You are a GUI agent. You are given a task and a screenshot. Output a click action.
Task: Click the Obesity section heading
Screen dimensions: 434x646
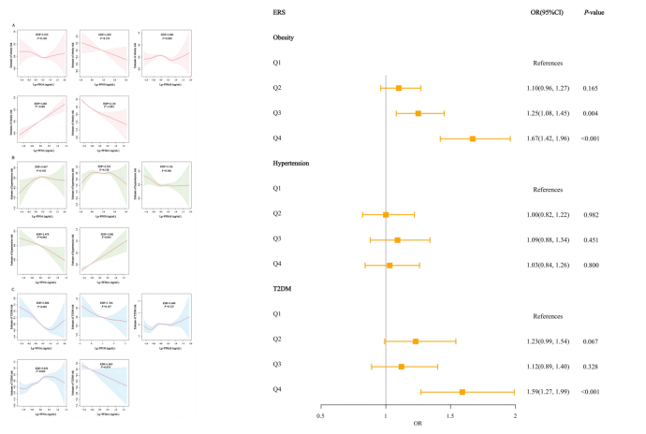coord(286,38)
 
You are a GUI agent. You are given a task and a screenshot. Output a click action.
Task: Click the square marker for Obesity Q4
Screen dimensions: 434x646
coord(473,138)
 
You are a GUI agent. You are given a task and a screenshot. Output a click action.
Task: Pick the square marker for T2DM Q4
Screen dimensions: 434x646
coord(462,392)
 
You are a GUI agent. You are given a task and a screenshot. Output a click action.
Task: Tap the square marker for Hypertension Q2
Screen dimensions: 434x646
coord(386,214)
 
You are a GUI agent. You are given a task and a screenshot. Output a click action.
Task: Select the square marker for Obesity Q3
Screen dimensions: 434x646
coord(418,113)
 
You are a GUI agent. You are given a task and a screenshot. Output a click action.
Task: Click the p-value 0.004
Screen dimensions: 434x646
coord(593,113)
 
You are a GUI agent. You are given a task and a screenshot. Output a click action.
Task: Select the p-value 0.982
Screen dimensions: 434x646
coord(593,214)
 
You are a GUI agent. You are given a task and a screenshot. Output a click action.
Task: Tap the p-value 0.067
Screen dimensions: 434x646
coord(593,341)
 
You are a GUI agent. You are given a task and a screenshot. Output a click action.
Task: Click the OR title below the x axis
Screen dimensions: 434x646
coord(417,426)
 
